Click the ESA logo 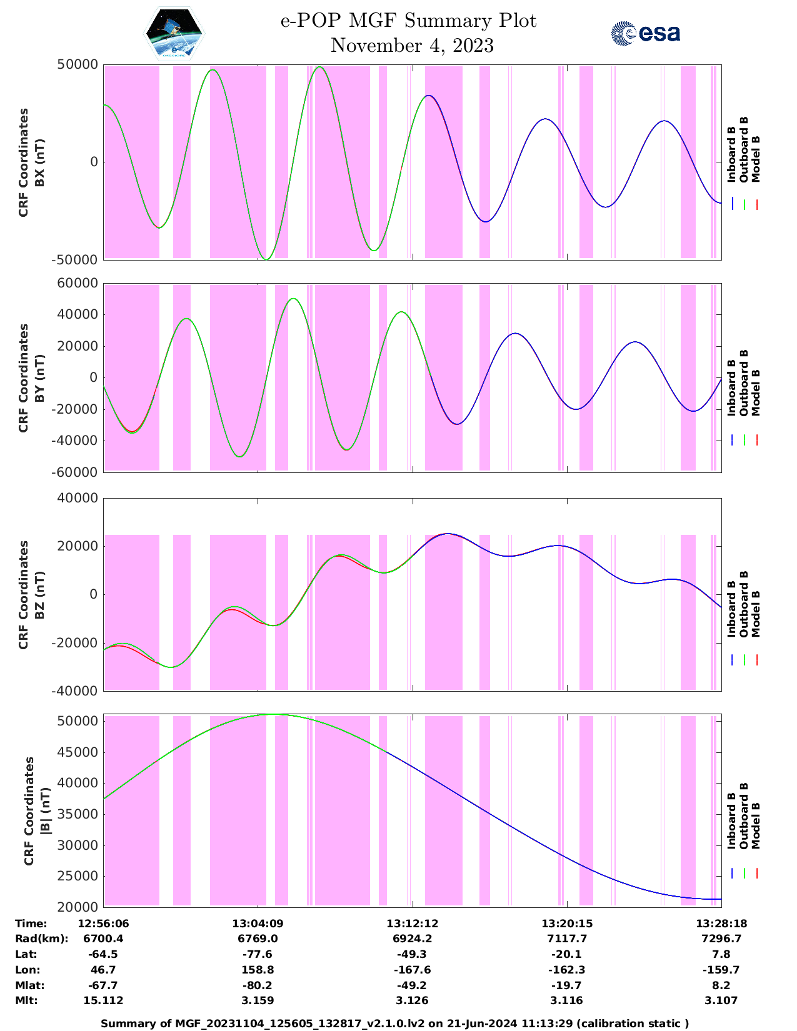coord(645,33)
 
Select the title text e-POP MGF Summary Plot coord(408,21)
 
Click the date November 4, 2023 coord(412,46)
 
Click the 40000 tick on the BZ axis coord(78,498)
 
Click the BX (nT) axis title coord(39,162)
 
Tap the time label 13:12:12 coord(412,924)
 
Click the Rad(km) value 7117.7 coord(566,939)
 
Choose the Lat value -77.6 coord(258,954)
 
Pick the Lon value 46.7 coord(103,970)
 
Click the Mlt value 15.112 coord(103,1000)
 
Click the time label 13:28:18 coord(721,924)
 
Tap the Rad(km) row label coord(41,939)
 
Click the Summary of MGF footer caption coord(394,1024)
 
